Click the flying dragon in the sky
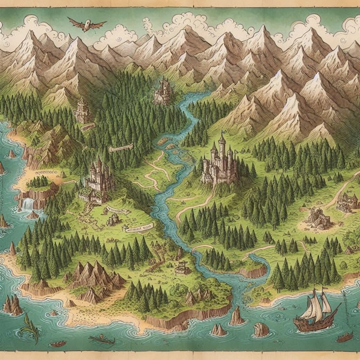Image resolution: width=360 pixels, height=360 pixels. click(86, 23)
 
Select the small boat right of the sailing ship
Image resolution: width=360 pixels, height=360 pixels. click(345, 337)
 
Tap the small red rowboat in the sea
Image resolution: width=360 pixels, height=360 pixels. click(58, 344)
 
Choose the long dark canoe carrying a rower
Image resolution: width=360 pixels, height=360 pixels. click(102, 339)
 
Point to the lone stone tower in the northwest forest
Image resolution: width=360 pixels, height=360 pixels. click(82, 110)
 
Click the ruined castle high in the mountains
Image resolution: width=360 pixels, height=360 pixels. click(164, 91)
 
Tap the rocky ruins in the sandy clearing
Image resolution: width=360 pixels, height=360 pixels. click(318, 217)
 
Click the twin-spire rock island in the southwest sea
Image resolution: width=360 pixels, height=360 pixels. click(13, 305)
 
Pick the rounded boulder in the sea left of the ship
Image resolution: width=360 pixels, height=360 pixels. click(260, 329)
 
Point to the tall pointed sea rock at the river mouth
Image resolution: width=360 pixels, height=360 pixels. click(236, 316)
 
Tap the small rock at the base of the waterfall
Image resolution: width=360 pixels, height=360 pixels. click(33, 214)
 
